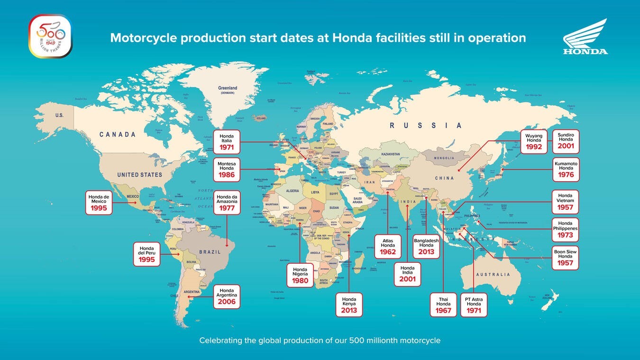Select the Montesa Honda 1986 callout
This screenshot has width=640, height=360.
(x=227, y=169)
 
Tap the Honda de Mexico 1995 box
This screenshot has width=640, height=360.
(x=99, y=203)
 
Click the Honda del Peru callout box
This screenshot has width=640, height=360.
(x=147, y=254)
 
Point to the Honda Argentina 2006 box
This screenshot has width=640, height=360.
(x=227, y=296)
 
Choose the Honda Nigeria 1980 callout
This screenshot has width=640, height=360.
(x=300, y=275)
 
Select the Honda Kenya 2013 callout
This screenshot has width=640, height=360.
(x=349, y=305)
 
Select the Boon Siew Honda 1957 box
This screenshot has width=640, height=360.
(x=565, y=258)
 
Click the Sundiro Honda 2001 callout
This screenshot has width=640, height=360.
(x=566, y=141)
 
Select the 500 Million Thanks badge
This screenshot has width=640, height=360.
(x=50, y=36)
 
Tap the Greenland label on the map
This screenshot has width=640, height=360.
(x=228, y=89)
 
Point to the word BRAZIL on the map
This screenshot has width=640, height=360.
(x=209, y=252)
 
